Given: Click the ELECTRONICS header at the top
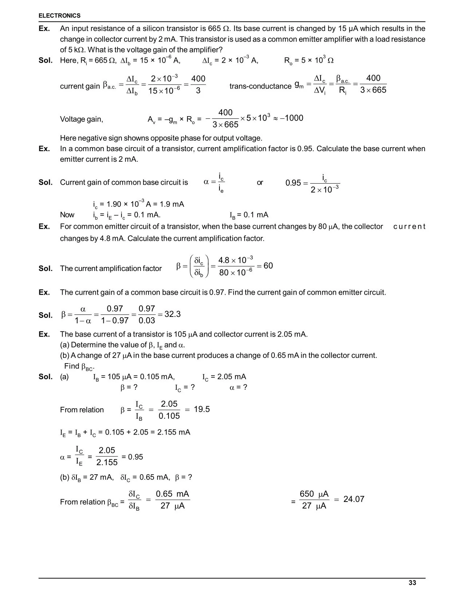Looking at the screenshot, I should coord(60,16).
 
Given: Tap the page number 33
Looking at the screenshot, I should coord(412,583).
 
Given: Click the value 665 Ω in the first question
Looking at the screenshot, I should coord(219,28).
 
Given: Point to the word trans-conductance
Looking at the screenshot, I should coord(260,86).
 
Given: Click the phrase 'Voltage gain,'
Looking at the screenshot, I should coord(82,119).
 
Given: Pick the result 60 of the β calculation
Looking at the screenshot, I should coord(268,266).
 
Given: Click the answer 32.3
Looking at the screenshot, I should coord(172,314).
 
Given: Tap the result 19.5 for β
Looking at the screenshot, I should coord(202,409).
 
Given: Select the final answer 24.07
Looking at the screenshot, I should coord(354,499).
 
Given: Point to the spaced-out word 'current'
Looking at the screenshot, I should coord(409,227).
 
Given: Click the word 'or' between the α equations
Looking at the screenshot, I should coord(260,182).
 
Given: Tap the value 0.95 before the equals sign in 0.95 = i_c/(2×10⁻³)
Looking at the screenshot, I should coord(293,183).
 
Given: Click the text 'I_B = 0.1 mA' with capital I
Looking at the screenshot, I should coord(249,215).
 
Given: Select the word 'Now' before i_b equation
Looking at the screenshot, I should coord(67,215).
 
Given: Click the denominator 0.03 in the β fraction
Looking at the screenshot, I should coord(147,321).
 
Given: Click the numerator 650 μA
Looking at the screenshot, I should coord(314,494).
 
